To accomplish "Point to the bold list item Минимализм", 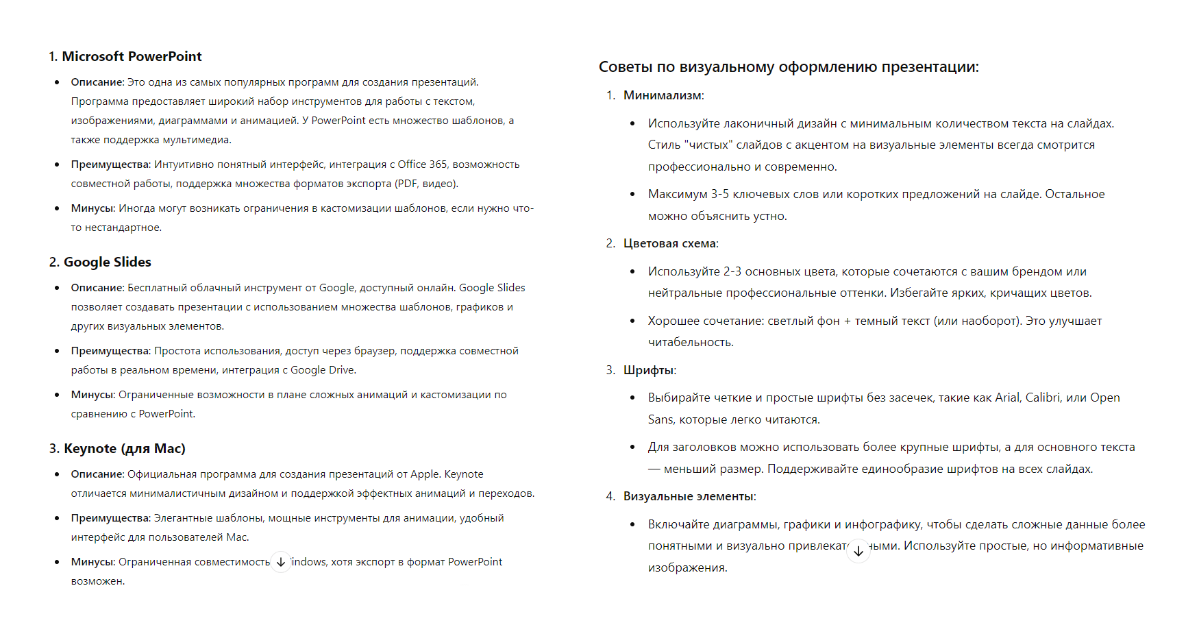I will coord(662,95).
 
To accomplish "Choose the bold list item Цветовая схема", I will coord(669,243).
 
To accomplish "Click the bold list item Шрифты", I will coord(648,370).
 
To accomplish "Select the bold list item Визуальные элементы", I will coord(688,496).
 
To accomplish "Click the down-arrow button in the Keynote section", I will coord(281,562).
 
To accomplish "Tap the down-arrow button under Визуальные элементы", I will coord(858,551).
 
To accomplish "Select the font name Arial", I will coord(1007,397).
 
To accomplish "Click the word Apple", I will coord(425,474).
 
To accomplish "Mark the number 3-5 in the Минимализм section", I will coord(720,194).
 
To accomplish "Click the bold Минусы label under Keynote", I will coord(92,562).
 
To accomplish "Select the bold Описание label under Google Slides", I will coord(97,288).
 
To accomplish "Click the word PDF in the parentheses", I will coord(406,184).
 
